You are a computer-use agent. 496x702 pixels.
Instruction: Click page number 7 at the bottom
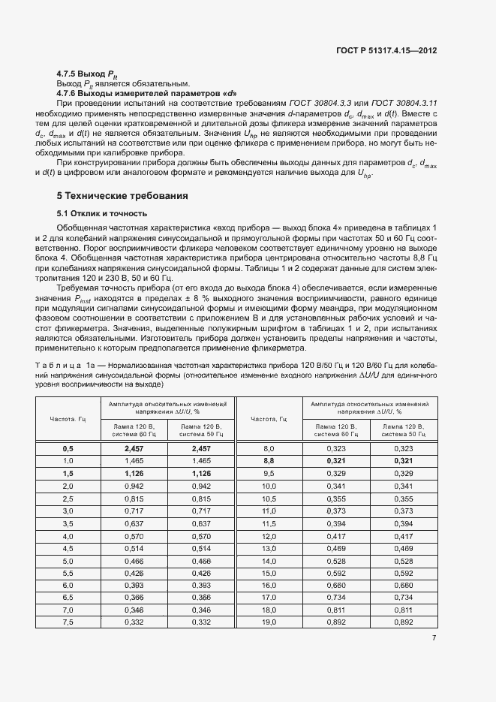coord(435,638)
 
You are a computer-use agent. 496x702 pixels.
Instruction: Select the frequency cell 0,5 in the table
coord(68,448)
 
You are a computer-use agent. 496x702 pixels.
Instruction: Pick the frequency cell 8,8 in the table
coord(269,460)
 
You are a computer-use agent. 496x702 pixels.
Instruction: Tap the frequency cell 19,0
coord(269,622)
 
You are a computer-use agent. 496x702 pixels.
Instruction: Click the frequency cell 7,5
coord(68,622)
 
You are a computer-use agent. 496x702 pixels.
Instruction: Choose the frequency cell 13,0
coord(269,548)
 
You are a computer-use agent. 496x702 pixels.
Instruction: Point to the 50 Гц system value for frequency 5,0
coord(200,561)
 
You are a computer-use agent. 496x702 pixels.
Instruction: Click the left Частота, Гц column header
coord(68,419)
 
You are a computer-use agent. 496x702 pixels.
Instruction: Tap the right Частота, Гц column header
coord(269,419)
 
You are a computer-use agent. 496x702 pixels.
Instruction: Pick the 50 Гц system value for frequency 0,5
coord(200,448)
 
